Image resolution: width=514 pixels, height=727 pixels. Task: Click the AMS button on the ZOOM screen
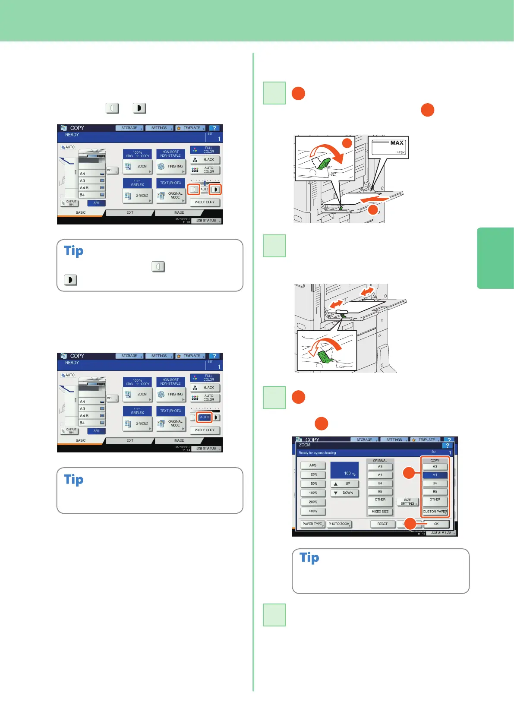coord(313,465)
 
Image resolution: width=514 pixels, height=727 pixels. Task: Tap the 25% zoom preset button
coord(313,474)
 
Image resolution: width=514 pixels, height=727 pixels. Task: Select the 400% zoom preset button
coord(313,512)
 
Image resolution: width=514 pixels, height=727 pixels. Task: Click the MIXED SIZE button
coord(380,512)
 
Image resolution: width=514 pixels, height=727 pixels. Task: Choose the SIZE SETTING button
coord(407,502)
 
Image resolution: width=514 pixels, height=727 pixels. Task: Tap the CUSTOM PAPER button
coord(435,512)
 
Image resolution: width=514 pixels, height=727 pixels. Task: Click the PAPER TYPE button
coord(312,524)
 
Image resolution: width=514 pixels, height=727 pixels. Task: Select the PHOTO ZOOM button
coord(339,524)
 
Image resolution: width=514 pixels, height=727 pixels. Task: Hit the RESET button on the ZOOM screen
coord(382,524)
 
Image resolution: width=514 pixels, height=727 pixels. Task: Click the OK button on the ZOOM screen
coord(436,524)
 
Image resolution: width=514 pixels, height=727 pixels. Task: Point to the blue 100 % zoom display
coord(344,470)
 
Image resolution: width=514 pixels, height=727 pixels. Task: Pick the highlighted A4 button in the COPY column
coord(435,475)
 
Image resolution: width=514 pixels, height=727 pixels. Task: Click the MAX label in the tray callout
coord(397,143)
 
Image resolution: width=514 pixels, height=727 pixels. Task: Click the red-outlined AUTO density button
coord(205,417)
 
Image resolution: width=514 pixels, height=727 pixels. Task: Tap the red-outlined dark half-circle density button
coord(215,190)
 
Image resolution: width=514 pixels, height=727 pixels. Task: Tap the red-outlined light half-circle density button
coord(194,190)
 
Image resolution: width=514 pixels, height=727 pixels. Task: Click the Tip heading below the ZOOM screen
coord(309,558)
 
